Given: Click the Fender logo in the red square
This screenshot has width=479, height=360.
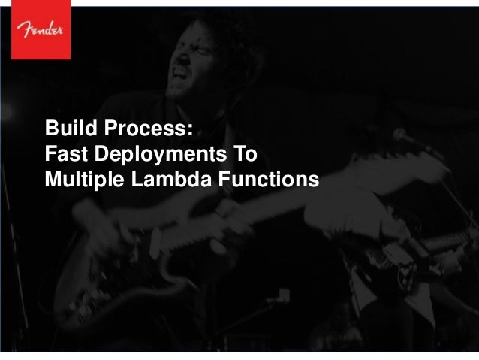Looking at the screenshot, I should click(35, 29).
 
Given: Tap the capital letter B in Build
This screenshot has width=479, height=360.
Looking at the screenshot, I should click(50, 129).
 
